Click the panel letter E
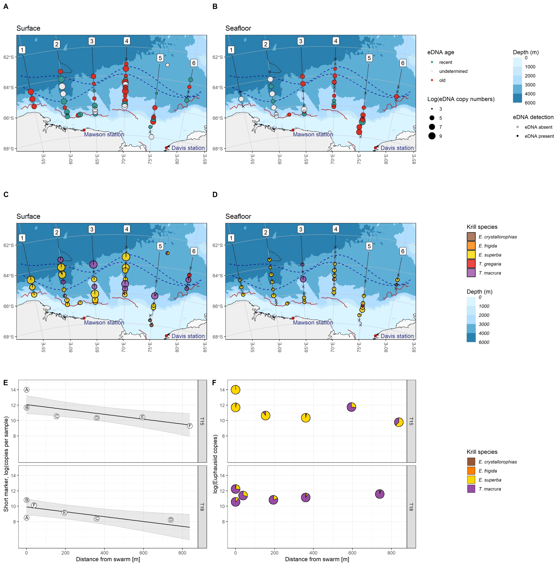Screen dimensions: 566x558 pyautogui.click(x=6, y=383)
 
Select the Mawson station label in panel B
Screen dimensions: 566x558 pyautogui.click(x=312, y=135)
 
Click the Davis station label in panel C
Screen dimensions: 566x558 pyautogui.click(x=188, y=336)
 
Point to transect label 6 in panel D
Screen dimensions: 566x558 pyautogui.click(x=402, y=251)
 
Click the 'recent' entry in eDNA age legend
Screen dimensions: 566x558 pyautogui.click(x=445, y=62)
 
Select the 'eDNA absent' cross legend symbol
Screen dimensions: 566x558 pyautogui.click(x=517, y=127)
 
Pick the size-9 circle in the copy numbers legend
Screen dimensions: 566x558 pyautogui.click(x=432, y=136)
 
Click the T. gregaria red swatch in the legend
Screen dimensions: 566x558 pyautogui.click(x=471, y=264)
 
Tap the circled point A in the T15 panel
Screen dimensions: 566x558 pyautogui.click(x=27, y=390)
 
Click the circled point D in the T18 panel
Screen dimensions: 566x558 pyautogui.click(x=171, y=520)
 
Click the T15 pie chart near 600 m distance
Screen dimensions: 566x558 pyautogui.click(x=351, y=407)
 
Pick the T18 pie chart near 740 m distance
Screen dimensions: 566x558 pyautogui.click(x=380, y=494)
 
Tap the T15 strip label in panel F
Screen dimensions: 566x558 pyautogui.click(x=411, y=421)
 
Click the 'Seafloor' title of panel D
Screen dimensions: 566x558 pyautogui.click(x=238, y=217)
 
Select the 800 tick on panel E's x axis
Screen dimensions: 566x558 pyautogui.click(x=182, y=553)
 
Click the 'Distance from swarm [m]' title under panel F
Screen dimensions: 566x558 pyautogui.click(x=317, y=559)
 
